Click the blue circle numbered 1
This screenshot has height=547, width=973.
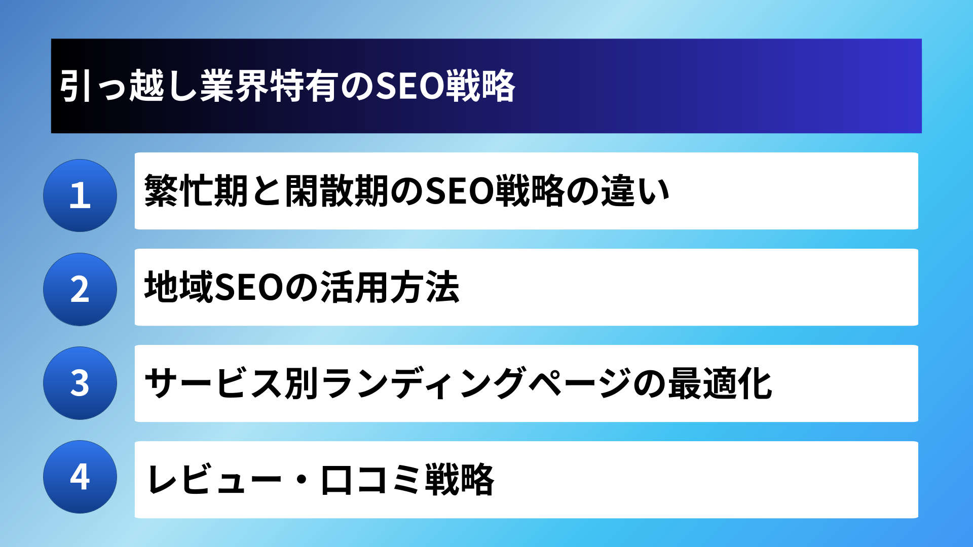pyautogui.click(x=80, y=196)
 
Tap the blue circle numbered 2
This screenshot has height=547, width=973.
pyautogui.click(x=80, y=289)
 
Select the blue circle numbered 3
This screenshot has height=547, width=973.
pyautogui.click(x=80, y=383)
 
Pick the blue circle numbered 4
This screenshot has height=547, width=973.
pyautogui.click(x=80, y=477)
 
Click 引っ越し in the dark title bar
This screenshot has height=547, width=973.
pyautogui.click(x=129, y=86)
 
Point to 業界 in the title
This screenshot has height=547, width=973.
pyautogui.click(x=234, y=86)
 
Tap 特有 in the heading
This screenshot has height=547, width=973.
pyautogui.click(x=304, y=86)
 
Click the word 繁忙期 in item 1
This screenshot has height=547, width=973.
pyautogui.click(x=197, y=191)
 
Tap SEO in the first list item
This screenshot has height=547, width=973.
pyautogui.click(x=459, y=191)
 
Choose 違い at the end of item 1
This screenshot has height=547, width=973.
pyautogui.click(x=635, y=191)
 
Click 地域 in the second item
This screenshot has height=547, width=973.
pyautogui.click(x=179, y=287)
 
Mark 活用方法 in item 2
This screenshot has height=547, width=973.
pyautogui.click(x=390, y=287)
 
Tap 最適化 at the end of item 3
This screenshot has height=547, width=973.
pyautogui.click(x=720, y=383)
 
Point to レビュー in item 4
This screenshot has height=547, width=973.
pyautogui.click(x=213, y=480)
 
